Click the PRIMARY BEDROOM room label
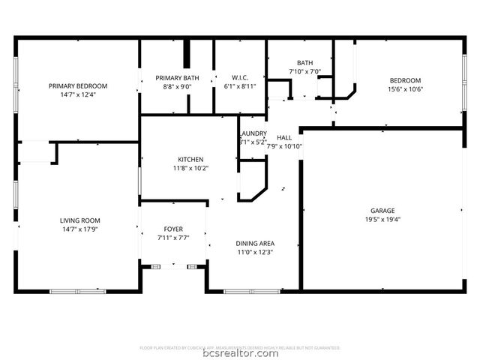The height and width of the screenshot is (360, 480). (x=78, y=86)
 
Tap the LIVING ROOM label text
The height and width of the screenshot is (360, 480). (x=78, y=220)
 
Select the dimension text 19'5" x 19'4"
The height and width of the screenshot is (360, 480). (x=382, y=220)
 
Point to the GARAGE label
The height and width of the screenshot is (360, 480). (x=382, y=211)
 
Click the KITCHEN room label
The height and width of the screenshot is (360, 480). (x=190, y=159)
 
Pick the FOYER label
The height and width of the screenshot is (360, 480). (x=173, y=229)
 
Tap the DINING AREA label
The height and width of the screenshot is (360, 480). (x=256, y=244)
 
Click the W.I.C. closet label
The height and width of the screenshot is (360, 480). (x=240, y=77)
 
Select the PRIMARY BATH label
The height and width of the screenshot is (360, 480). (x=177, y=78)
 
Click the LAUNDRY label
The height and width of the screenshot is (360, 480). (x=252, y=133)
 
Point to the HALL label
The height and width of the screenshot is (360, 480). (x=284, y=137)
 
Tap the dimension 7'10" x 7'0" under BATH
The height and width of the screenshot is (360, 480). (x=304, y=71)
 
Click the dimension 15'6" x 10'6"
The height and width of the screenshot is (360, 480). (x=404, y=89)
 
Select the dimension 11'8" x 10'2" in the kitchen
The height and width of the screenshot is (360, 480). (x=190, y=168)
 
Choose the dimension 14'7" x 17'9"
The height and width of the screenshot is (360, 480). (x=78, y=229)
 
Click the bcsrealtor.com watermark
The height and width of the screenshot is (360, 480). (x=240, y=353)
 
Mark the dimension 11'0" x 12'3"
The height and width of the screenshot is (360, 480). (x=256, y=253)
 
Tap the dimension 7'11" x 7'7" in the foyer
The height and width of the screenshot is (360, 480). (x=173, y=238)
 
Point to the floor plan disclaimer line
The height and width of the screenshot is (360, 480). (x=240, y=347)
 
